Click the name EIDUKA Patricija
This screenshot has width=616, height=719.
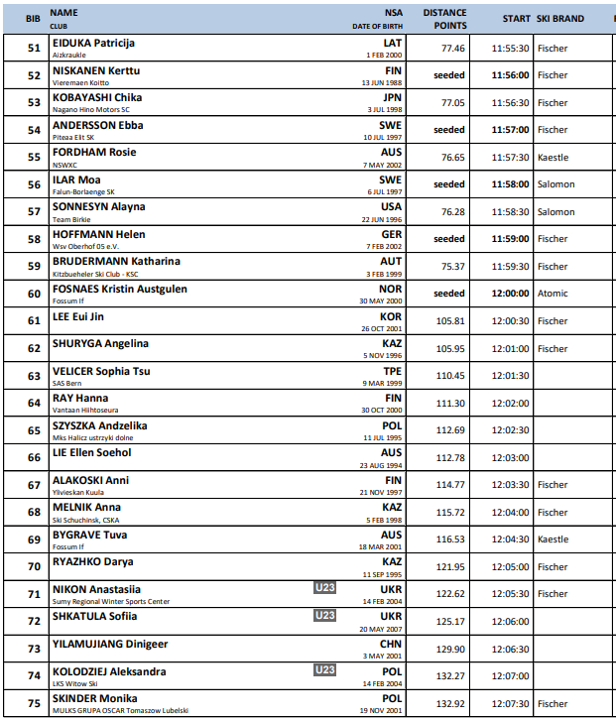[93, 43]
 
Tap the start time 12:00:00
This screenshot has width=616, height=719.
[510, 294]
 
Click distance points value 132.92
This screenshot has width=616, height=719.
[450, 704]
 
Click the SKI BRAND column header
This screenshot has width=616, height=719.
[559, 19]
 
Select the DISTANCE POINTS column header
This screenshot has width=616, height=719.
[444, 19]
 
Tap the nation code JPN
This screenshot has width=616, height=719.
[392, 98]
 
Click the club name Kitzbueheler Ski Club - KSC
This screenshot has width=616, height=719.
[95, 273]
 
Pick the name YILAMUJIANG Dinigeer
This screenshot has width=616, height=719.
[110, 644]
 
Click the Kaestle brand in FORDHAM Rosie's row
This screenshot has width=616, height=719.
[553, 157]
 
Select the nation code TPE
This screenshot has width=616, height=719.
[393, 371]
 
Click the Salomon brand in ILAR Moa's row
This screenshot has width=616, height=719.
[555, 184]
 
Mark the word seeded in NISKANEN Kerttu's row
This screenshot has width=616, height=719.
[448, 75]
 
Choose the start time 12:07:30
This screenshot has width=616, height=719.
[510, 704]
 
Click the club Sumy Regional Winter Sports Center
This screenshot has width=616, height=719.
[110, 601]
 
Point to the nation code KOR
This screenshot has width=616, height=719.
[391, 316]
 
